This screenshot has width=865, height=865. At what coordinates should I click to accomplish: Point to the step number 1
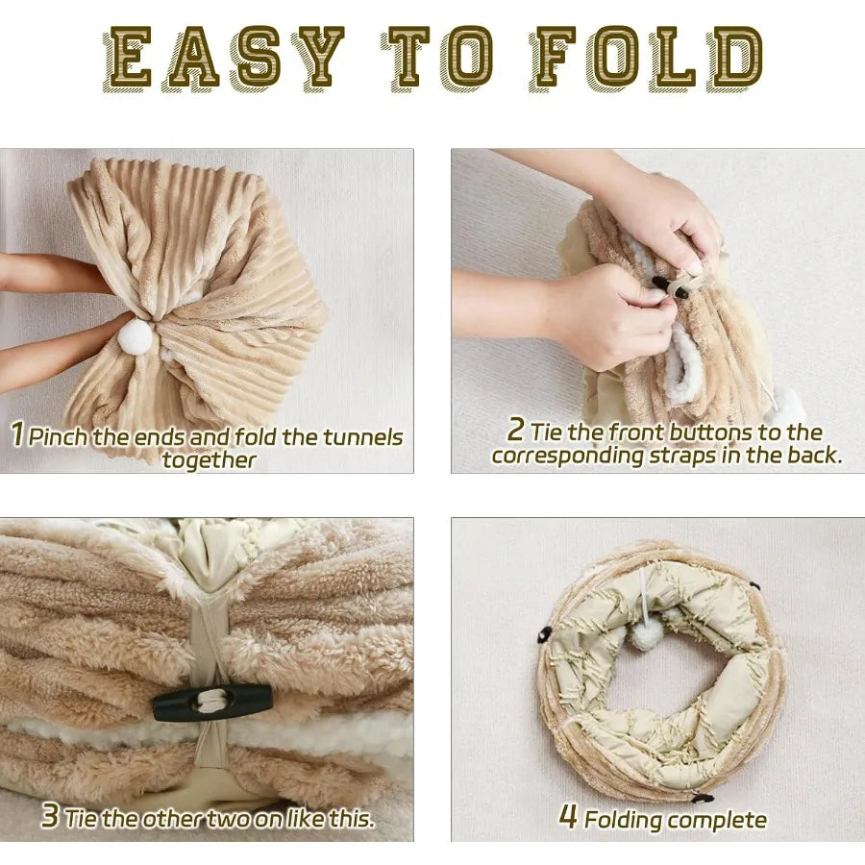(x=17, y=433)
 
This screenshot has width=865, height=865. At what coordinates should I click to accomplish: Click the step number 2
(x=515, y=430)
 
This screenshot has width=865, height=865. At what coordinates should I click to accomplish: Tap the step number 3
(x=50, y=815)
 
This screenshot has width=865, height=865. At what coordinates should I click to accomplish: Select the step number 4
(x=568, y=816)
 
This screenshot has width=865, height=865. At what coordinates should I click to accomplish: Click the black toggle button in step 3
(x=212, y=703)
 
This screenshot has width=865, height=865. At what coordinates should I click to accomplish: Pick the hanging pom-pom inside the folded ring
(x=642, y=635)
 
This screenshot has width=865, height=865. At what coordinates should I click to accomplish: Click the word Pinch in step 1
(x=59, y=436)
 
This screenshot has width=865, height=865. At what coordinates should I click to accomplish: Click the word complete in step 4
(x=717, y=821)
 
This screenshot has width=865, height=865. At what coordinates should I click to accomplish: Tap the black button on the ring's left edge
(x=543, y=634)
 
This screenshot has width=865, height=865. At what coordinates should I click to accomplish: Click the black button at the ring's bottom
(x=702, y=797)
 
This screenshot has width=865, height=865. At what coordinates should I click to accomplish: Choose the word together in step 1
(x=210, y=460)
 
